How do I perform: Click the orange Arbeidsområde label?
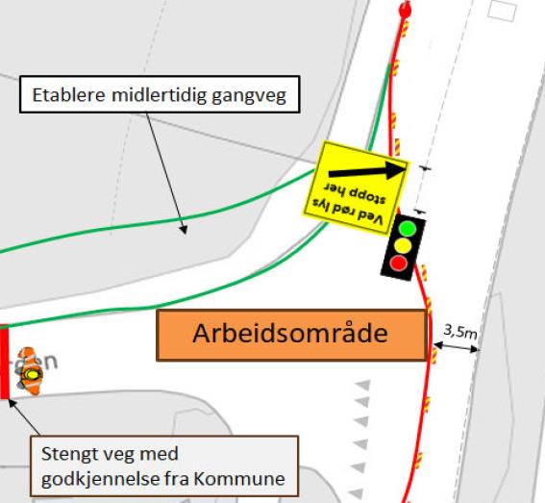[289, 335]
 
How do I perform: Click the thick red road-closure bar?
[5, 362]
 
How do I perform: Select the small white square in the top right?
[500, 10]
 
